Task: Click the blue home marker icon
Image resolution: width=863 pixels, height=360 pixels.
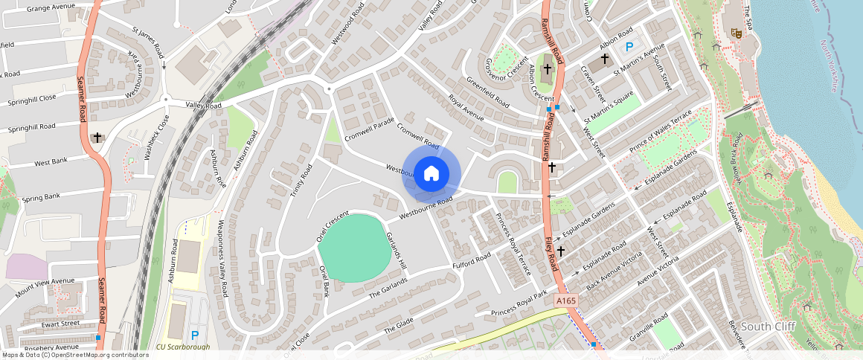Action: click(x=431, y=174)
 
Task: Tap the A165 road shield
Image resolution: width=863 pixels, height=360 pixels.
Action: click(x=565, y=300)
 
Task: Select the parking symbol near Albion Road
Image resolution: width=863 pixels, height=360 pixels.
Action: click(x=629, y=47)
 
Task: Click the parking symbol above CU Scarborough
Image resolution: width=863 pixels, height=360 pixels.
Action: click(x=195, y=335)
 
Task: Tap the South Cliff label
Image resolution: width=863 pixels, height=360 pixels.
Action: click(x=769, y=327)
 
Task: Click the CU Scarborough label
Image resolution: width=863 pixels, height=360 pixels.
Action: click(x=183, y=347)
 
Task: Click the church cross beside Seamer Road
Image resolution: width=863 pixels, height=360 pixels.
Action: click(x=98, y=138)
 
